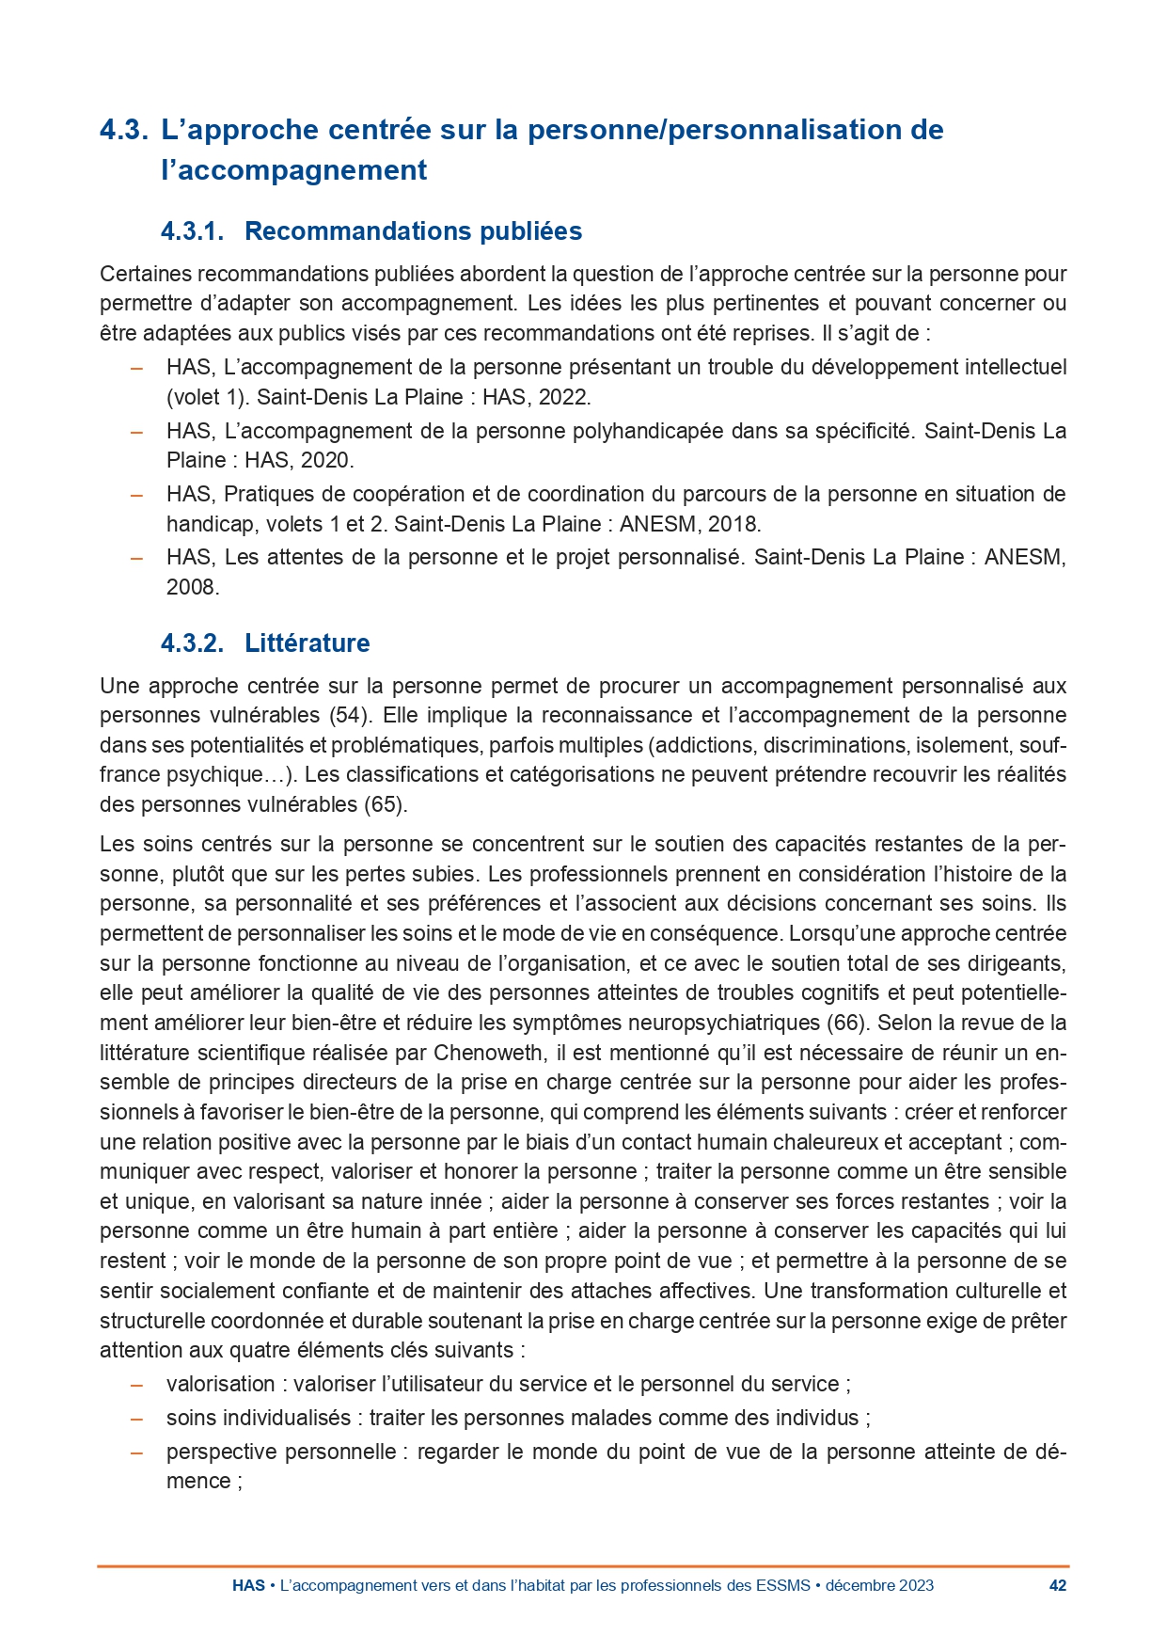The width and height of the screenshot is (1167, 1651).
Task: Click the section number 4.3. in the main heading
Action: tap(123, 130)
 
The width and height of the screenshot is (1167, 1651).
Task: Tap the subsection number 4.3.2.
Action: tap(192, 643)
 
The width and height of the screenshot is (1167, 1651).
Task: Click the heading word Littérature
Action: tap(307, 643)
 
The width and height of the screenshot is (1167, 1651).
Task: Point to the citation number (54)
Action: tap(348, 715)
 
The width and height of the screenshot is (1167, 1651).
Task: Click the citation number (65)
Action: tap(384, 804)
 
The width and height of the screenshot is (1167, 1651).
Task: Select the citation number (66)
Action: tap(846, 1023)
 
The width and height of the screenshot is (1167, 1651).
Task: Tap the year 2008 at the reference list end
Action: tap(193, 587)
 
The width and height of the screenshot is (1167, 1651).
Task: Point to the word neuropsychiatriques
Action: tap(723, 1023)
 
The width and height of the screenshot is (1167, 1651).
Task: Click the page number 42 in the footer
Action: tap(1057, 1585)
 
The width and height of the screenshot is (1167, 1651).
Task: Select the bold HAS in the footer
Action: tap(248, 1585)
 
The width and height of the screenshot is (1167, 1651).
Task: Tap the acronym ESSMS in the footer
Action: tap(782, 1585)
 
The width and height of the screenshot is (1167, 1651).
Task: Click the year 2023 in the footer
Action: tap(916, 1585)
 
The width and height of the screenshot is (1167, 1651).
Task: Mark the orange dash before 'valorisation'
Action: tap(136, 1385)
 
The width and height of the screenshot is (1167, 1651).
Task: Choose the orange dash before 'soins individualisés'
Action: tap(136, 1419)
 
